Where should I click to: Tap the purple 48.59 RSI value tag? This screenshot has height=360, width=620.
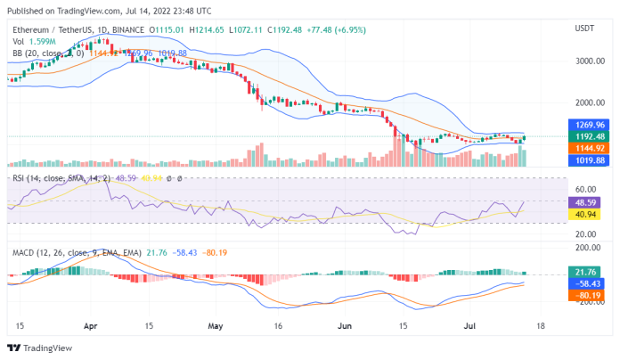pyautogui.click(x=585, y=202)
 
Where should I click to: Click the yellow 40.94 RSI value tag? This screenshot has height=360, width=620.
pyautogui.click(x=585, y=215)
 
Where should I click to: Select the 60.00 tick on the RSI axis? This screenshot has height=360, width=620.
pyautogui.click(x=585, y=189)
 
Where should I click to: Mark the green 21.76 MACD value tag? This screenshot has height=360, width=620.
pyautogui.click(x=585, y=271)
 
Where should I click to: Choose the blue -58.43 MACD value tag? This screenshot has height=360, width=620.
pyautogui.click(x=585, y=282)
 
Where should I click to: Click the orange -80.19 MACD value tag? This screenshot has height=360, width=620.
pyautogui.click(x=585, y=295)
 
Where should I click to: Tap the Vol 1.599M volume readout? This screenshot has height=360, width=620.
pyautogui.click(x=31, y=41)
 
